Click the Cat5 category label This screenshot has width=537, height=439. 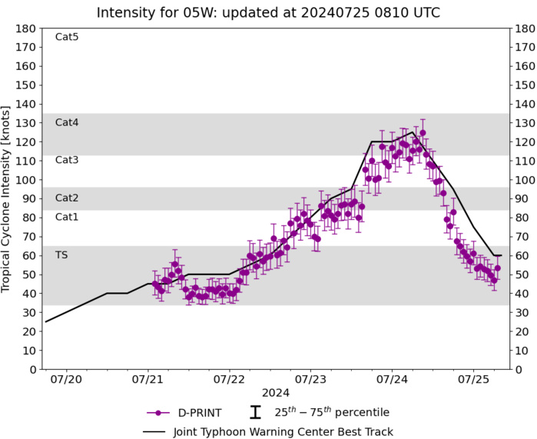click(67, 37)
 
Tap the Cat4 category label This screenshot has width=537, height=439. click(67, 122)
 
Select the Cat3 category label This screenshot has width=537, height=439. click(67, 160)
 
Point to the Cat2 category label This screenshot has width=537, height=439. click(67, 198)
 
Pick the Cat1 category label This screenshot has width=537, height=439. click(67, 217)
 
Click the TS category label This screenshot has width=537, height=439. click(61, 254)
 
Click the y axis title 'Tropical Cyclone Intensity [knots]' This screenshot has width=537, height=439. click(8, 198)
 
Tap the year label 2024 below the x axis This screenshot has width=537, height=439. click(270, 392)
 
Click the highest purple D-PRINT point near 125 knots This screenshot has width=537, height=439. click(423, 132)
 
